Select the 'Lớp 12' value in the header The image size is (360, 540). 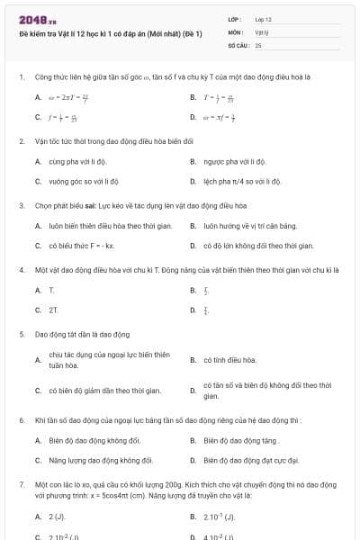[263, 19]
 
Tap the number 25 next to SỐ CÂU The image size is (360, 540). [258, 43]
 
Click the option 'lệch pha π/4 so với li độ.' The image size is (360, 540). [242, 181]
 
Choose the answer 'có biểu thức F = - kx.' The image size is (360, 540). [81, 245]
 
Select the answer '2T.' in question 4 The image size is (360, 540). [53, 310]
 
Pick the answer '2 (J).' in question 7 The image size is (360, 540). [57, 517]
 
